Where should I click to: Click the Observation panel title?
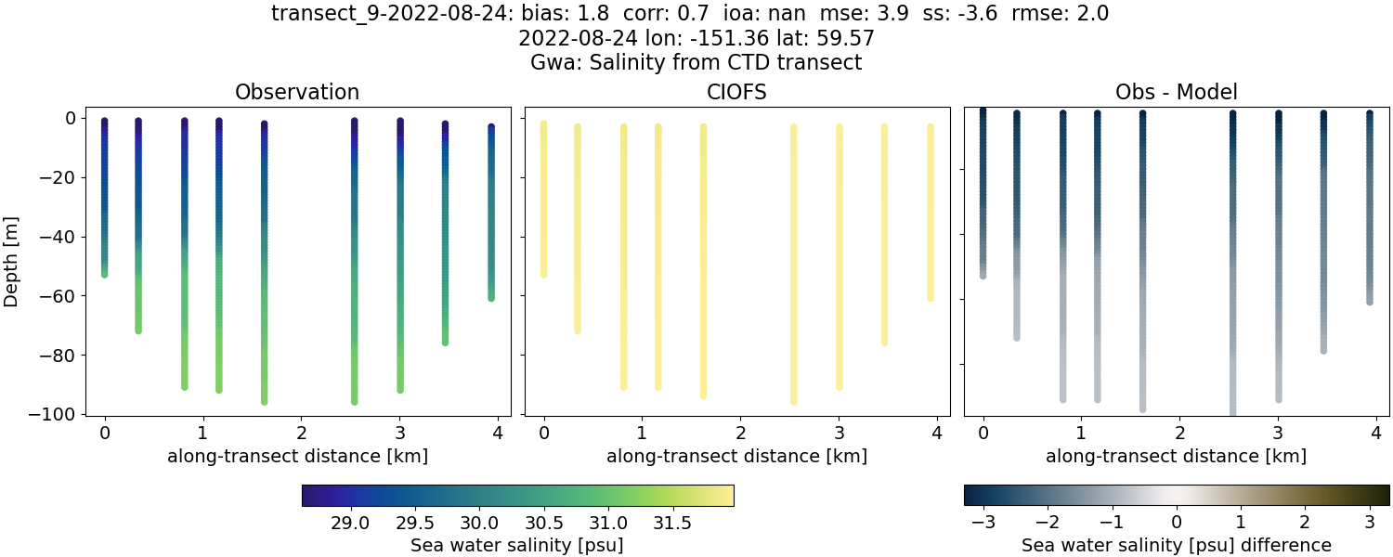(297, 92)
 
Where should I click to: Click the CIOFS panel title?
(736, 92)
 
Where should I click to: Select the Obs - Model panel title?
(1176, 92)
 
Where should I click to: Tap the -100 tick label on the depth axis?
(58, 414)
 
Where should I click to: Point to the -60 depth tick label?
(62, 296)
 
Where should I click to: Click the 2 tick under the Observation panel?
(302, 432)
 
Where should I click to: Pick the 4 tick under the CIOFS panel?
(937, 432)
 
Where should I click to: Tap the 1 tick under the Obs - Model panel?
(1081, 432)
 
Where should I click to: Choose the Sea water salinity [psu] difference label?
(1176, 545)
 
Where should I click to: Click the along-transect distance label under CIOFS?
(736, 456)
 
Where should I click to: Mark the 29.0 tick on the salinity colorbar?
(350, 523)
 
